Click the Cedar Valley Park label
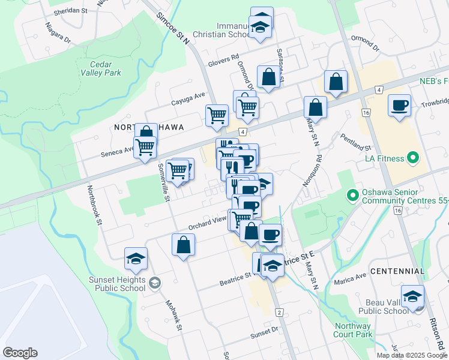pos(106,68)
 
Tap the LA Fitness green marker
pos(412,158)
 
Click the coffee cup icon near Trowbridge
pos(400,106)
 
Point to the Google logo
pos(20,353)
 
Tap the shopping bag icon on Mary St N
pos(315,109)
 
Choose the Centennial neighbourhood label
pos(397,272)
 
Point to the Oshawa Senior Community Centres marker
pos(353,196)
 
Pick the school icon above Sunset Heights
pos(136,259)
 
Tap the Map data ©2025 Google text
pos(412,355)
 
